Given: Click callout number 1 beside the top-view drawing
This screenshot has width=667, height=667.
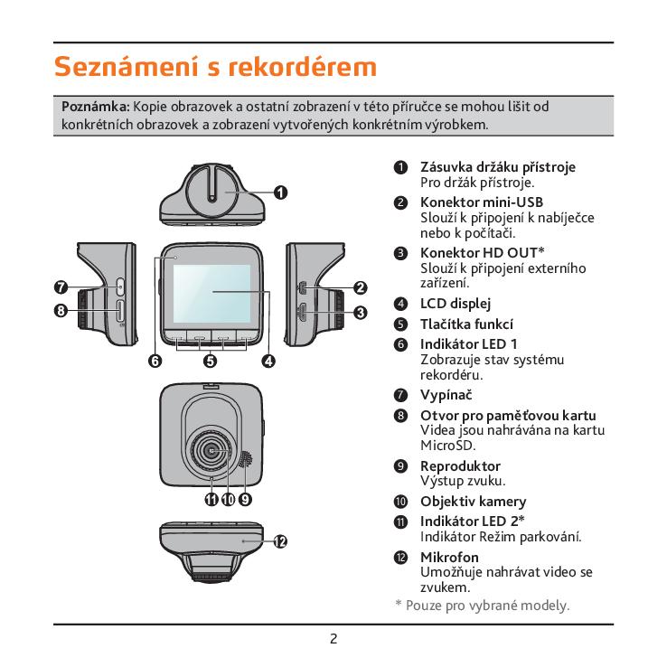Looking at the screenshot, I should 281,192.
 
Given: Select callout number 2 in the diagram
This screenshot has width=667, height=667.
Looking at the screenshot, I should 360,288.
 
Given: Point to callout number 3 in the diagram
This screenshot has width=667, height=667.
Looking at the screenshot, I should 360,314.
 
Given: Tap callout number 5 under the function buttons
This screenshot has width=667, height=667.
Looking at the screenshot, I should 210,362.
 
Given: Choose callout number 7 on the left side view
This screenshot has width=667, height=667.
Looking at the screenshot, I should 60,288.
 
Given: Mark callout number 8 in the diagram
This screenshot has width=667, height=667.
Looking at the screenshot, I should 60,312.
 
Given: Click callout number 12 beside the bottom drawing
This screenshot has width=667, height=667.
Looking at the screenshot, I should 280,541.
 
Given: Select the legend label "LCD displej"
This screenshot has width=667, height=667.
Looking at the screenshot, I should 456,304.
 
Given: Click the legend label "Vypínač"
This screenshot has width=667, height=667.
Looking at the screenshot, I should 446,395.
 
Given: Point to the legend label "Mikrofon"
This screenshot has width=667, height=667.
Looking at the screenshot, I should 449,557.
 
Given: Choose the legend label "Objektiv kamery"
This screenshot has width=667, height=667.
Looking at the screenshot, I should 473,502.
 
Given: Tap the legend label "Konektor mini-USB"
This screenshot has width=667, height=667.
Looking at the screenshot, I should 481,202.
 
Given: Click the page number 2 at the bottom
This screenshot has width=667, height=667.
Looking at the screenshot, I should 333,640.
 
